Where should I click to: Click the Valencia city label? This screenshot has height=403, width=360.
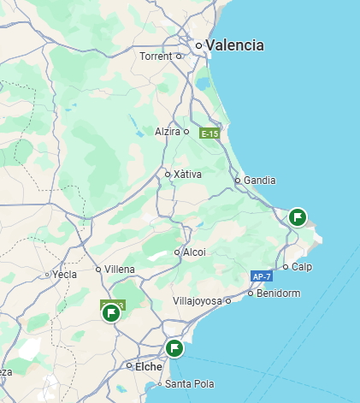(x=235, y=45)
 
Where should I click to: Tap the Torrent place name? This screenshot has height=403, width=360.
(x=157, y=56)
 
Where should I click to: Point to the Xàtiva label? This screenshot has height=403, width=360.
(x=187, y=175)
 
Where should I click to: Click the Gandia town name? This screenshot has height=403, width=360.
(x=260, y=181)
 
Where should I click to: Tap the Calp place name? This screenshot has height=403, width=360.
(x=302, y=267)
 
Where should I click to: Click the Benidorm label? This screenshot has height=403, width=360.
(x=280, y=293)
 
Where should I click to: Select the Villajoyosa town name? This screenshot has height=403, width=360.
(x=197, y=301)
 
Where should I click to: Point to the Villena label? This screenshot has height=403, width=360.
(x=120, y=270)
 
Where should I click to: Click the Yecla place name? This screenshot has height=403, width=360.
(x=65, y=275)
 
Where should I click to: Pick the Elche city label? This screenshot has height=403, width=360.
(x=145, y=365)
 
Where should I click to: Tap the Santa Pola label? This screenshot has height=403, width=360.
(x=190, y=383)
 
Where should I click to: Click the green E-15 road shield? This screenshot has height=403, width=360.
(x=210, y=133)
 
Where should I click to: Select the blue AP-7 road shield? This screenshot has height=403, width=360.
(x=262, y=276)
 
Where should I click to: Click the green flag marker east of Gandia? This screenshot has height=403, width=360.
(x=298, y=216)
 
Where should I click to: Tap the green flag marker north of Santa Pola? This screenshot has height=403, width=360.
(x=174, y=347)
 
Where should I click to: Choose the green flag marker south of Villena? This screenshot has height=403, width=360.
(x=111, y=313)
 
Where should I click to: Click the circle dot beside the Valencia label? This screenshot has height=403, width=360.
(x=198, y=45)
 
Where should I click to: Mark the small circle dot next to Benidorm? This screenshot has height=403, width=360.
(x=251, y=293)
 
